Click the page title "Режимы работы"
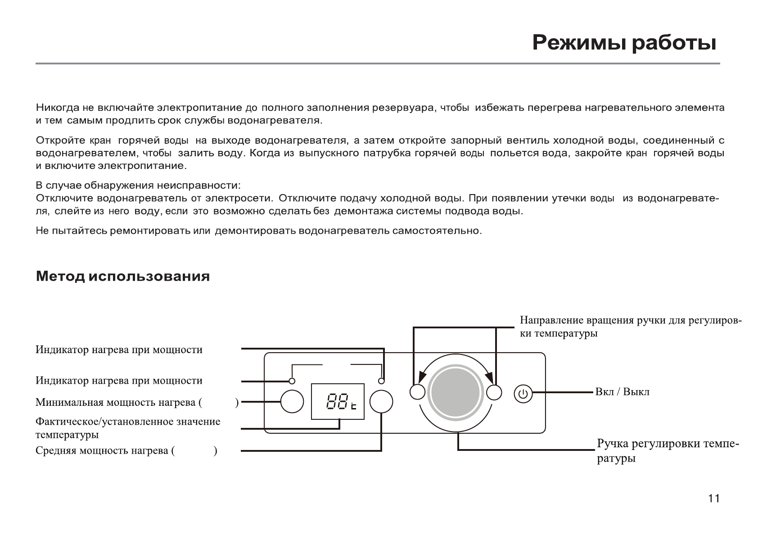624,44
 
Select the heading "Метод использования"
123,276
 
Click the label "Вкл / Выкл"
622,392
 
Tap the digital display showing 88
338,402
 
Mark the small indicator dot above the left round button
292,381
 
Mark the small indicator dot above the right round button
381,381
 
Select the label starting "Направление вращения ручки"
630,327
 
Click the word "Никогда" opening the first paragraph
57,108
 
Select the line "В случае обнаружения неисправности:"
138,186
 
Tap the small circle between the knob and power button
494,392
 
